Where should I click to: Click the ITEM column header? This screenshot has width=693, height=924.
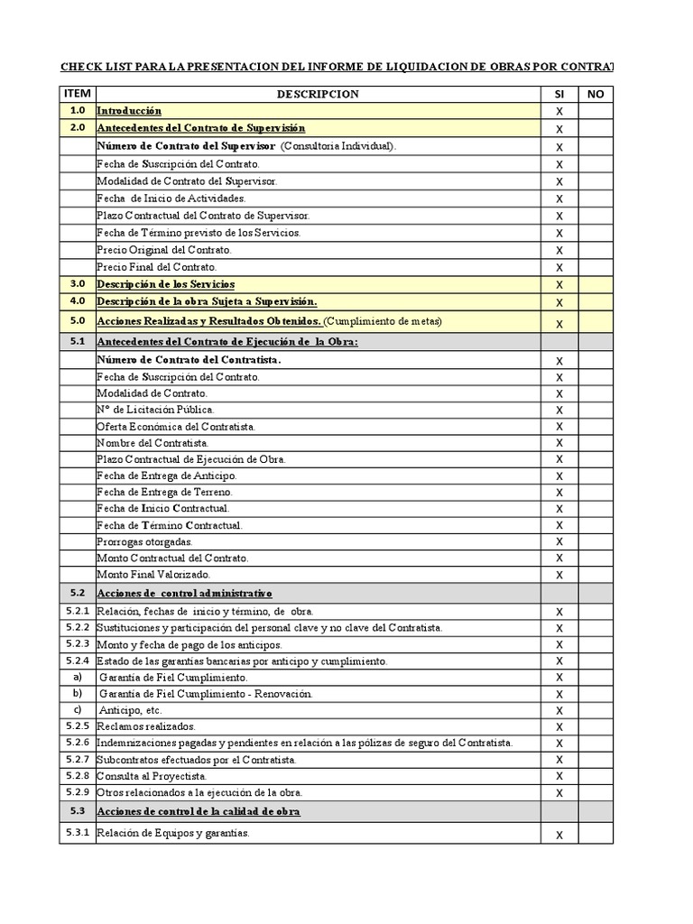(x=77, y=94)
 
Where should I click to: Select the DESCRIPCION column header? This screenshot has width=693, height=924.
(x=318, y=94)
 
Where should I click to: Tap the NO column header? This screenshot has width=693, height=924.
(x=595, y=94)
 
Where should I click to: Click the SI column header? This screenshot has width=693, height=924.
(x=559, y=94)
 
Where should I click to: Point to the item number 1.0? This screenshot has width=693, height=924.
(x=77, y=110)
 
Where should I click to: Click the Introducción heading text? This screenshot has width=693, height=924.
(x=129, y=110)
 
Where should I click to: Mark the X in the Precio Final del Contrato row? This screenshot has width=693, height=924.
(x=559, y=268)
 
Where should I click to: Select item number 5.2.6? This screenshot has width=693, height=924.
(x=77, y=743)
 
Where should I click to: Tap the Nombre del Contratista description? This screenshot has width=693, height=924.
(x=152, y=443)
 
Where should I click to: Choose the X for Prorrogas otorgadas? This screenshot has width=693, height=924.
(x=559, y=541)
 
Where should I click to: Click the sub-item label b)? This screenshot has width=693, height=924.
(x=77, y=693)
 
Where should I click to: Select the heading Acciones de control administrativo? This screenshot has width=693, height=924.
(x=184, y=593)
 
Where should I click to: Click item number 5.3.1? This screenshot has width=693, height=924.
(x=77, y=832)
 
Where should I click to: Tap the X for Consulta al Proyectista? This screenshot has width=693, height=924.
(x=559, y=776)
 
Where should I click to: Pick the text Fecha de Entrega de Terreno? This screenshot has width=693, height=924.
(x=164, y=492)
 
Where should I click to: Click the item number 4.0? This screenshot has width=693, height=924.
(x=77, y=301)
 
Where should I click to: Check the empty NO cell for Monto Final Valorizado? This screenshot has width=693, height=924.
(x=595, y=575)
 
